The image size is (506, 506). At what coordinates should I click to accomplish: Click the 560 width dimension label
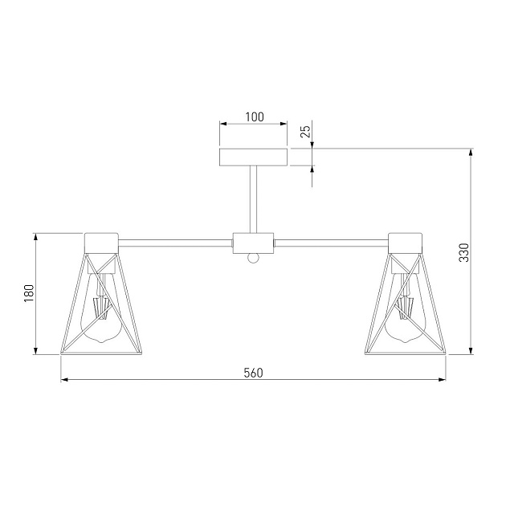coord(253,373)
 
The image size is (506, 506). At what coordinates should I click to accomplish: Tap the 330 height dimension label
coord(462,254)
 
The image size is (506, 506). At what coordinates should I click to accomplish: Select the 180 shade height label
coord(27,293)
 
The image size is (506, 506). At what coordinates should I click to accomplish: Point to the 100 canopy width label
coord(254,116)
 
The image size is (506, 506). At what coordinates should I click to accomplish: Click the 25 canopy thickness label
coord(304,133)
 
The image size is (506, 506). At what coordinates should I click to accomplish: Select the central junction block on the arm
coord(254,242)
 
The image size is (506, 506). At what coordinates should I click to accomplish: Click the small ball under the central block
coord(254,258)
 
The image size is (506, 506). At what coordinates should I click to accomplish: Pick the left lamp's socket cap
coord(102,242)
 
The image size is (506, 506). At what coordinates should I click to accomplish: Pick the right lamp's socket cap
coord(406,242)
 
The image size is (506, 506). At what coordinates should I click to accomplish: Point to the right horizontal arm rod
coord(331,240)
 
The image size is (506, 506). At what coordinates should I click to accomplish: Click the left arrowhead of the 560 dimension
coord(65,380)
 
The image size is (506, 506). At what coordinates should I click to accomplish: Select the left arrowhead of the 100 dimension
coord(224,124)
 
